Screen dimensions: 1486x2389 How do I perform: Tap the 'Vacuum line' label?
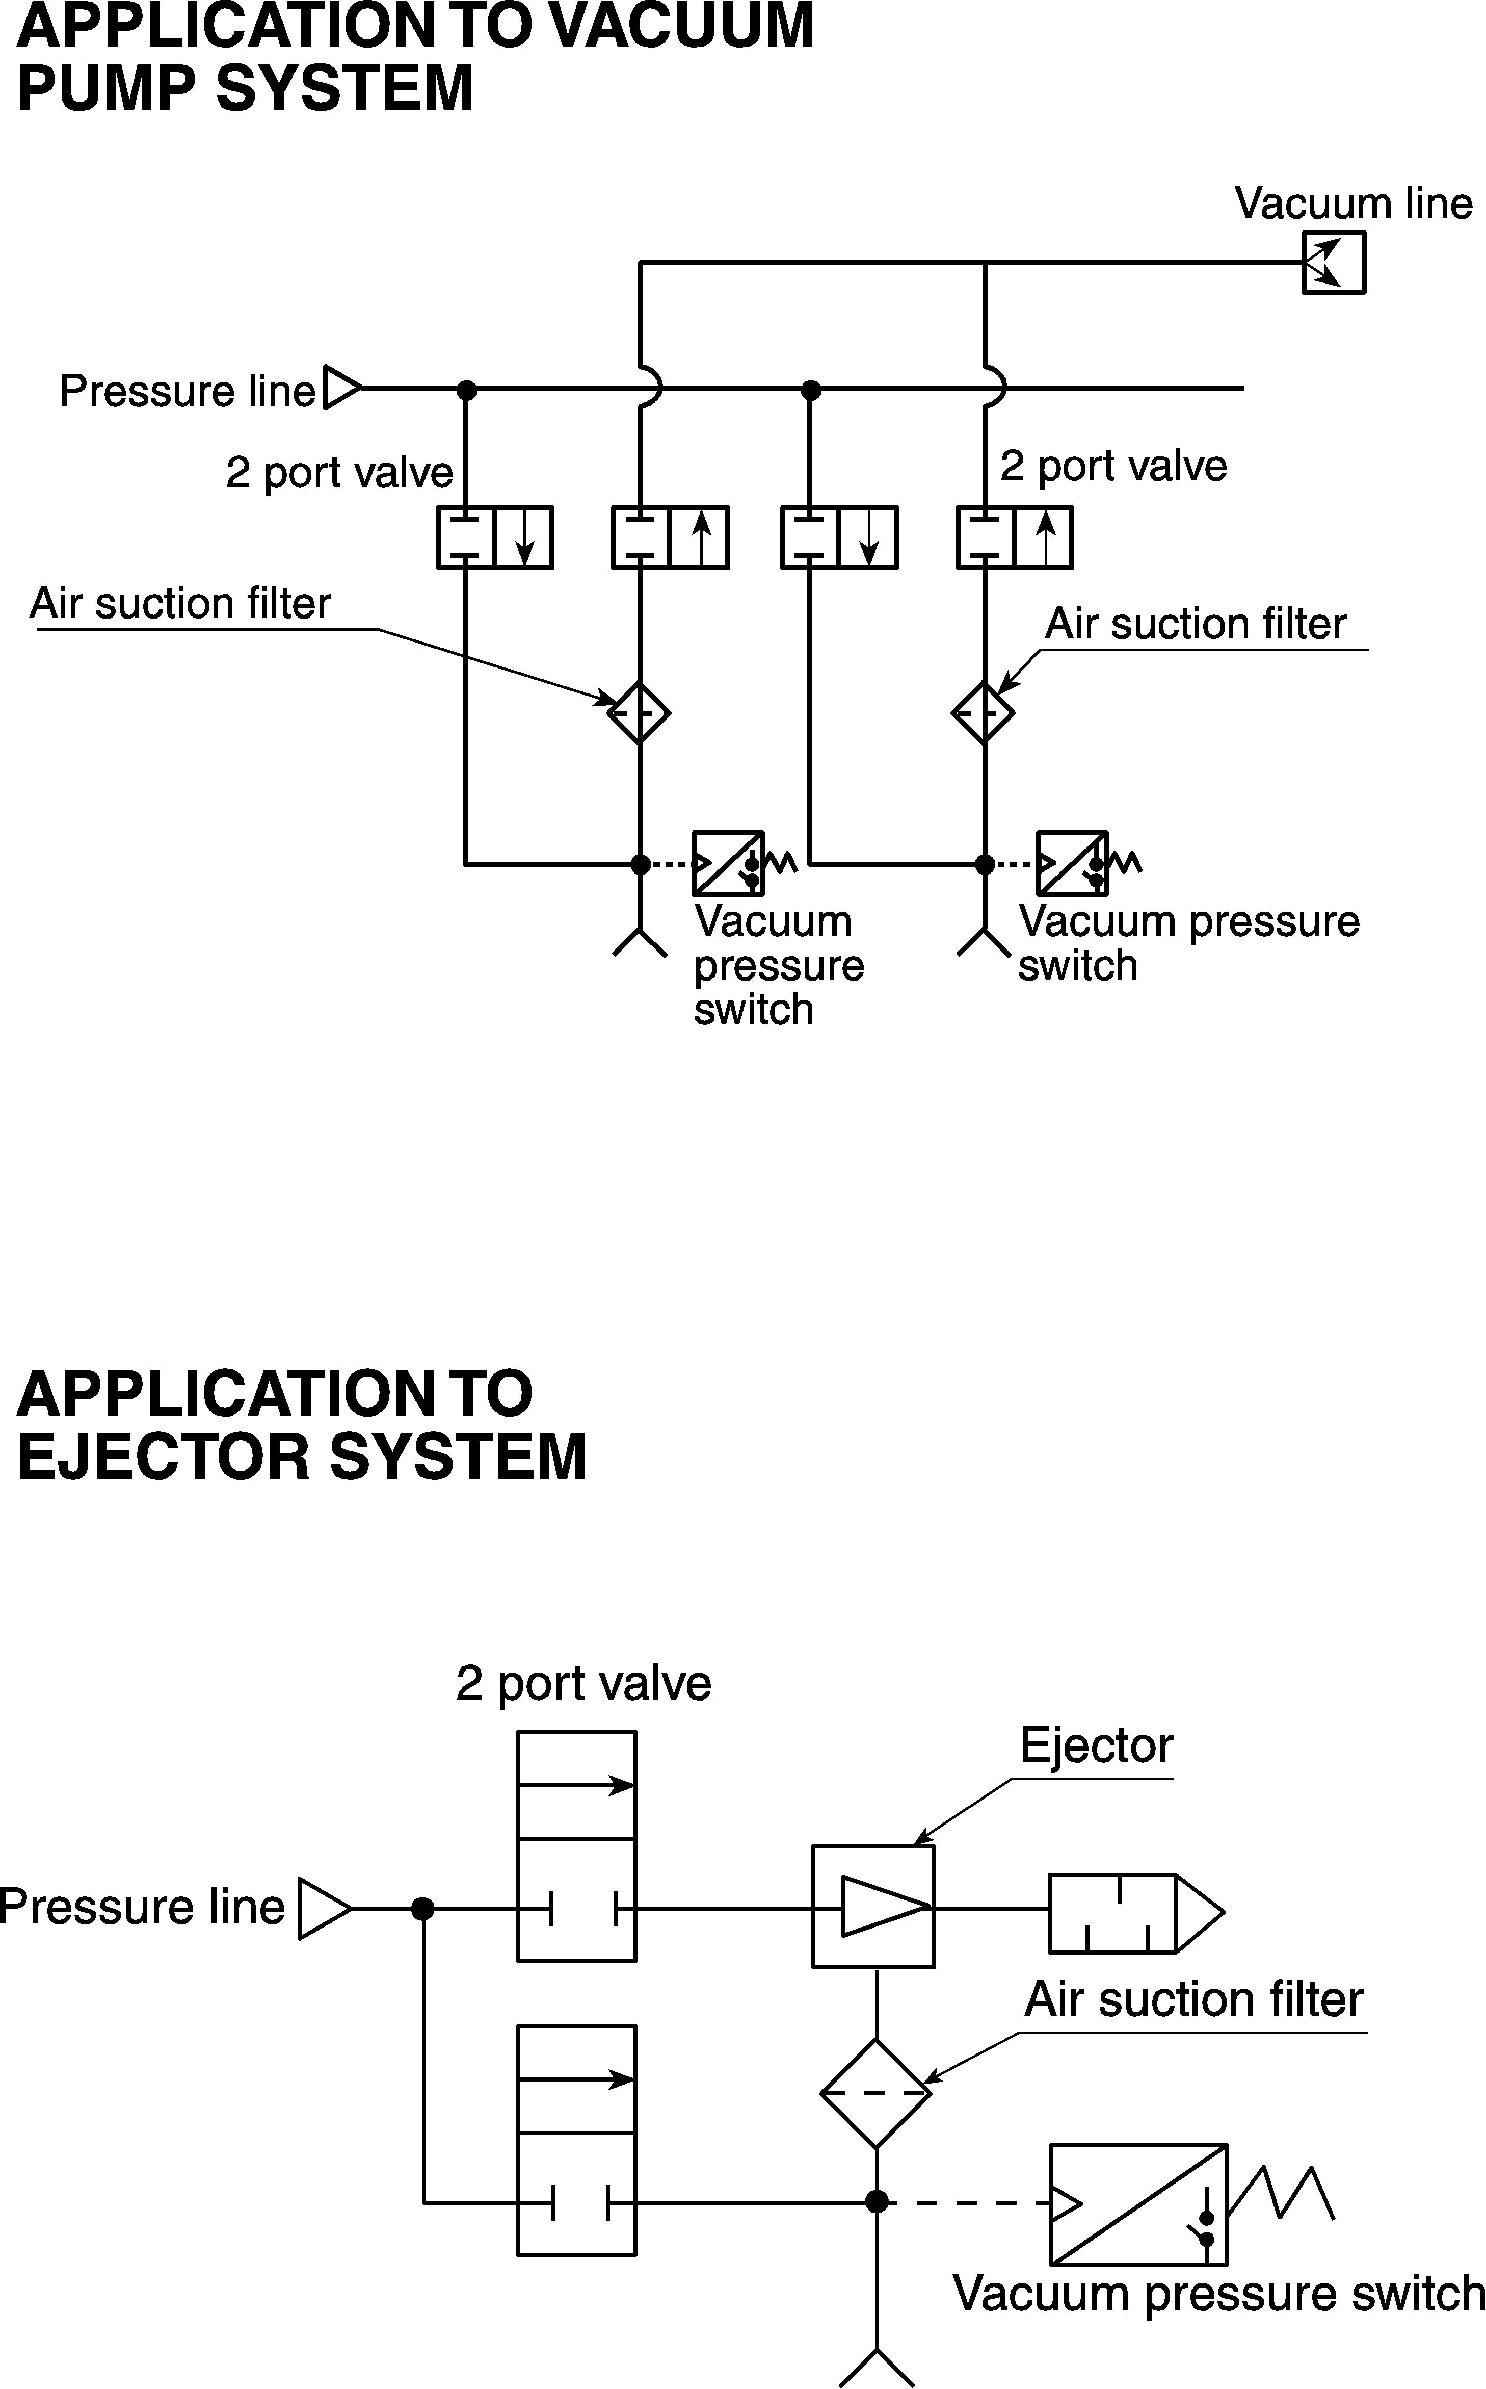point(1354,203)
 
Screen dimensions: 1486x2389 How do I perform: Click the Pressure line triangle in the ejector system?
point(324,1909)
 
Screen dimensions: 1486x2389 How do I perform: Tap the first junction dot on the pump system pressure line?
point(468,389)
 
